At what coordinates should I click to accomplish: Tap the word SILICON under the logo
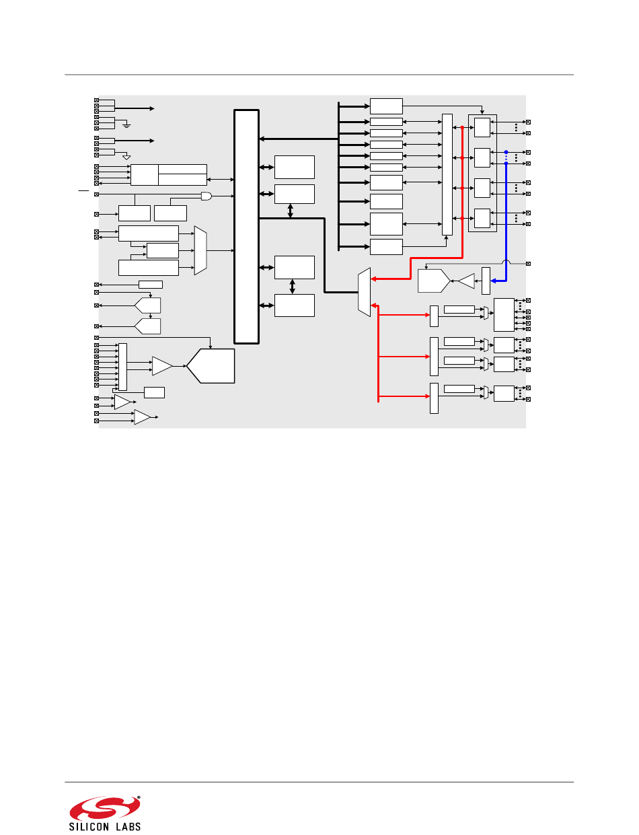[x=89, y=826]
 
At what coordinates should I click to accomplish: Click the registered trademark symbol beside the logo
[x=139, y=798]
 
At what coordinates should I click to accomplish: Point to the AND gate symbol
[x=206, y=196]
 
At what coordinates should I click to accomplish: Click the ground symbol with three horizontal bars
[x=126, y=125]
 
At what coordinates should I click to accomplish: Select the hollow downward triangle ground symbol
[x=126, y=157]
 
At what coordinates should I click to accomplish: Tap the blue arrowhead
[x=493, y=281]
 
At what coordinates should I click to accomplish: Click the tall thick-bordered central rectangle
[x=247, y=227]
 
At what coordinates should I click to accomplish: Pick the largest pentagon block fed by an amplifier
[x=211, y=366]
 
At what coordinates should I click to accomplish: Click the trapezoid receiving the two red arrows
[x=364, y=292]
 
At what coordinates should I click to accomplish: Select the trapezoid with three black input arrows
[x=200, y=250]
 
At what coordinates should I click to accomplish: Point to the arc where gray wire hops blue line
[x=506, y=261]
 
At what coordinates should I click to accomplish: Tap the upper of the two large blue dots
[x=506, y=152]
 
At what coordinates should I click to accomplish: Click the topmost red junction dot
[x=462, y=128]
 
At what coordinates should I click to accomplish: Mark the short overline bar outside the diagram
[x=83, y=190]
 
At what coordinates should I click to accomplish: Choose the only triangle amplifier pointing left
[x=466, y=281]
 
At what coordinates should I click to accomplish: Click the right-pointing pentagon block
[x=434, y=281]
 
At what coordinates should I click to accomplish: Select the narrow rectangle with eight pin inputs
[x=123, y=367]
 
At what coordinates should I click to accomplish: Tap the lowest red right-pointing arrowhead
[x=427, y=396]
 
